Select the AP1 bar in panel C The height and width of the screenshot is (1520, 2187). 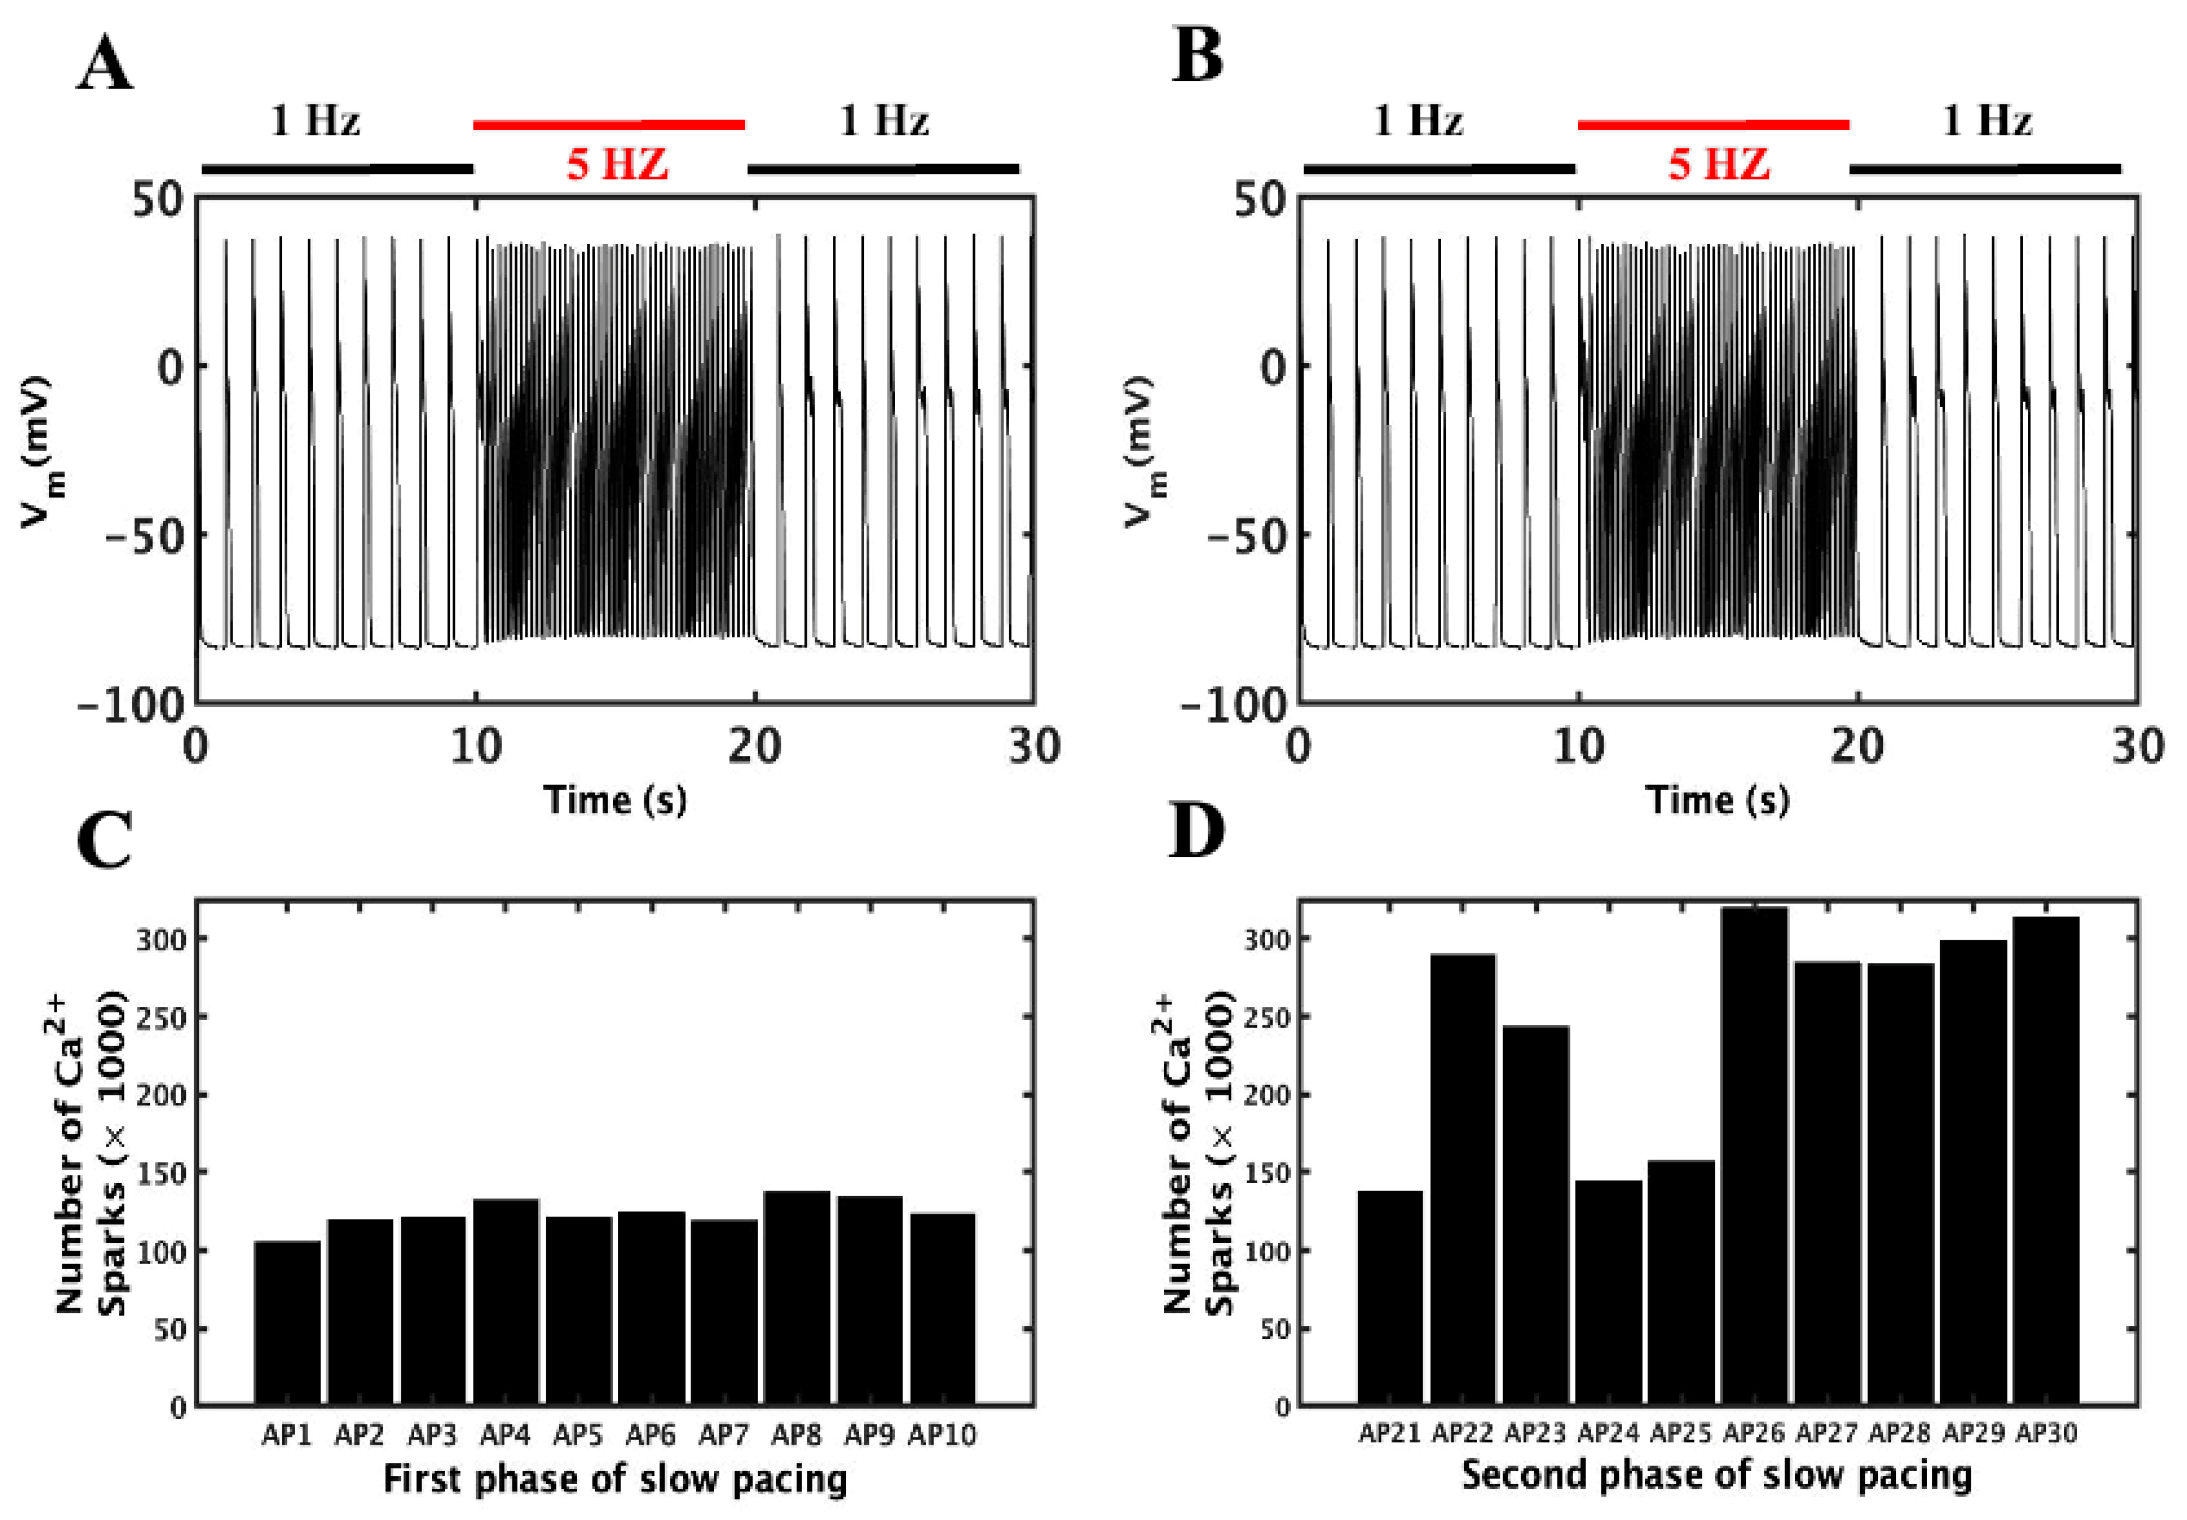[x=288, y=1323]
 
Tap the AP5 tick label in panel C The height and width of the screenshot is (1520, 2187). [x=578, y=1435]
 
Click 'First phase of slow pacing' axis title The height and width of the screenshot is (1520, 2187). [x=614, y=1479]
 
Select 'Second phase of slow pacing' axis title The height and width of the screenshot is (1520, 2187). [x=1717, y=1475]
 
